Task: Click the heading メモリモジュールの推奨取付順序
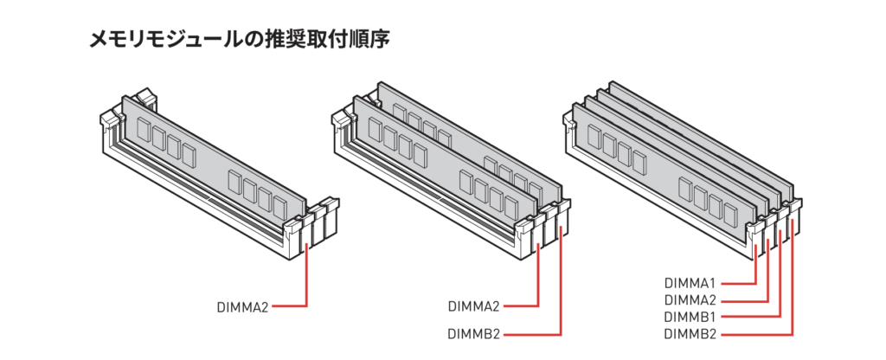pos(240,40)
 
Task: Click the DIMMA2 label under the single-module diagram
pos(242,307)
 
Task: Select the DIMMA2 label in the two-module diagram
pos(474,307)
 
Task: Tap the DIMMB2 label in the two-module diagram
pos(474,334)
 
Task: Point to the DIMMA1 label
pos(690,282)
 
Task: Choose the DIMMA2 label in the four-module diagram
pos(690,299)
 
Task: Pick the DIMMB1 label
pos(690,316)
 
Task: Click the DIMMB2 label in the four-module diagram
pos(690,333)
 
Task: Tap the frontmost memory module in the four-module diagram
pos(664,170)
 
